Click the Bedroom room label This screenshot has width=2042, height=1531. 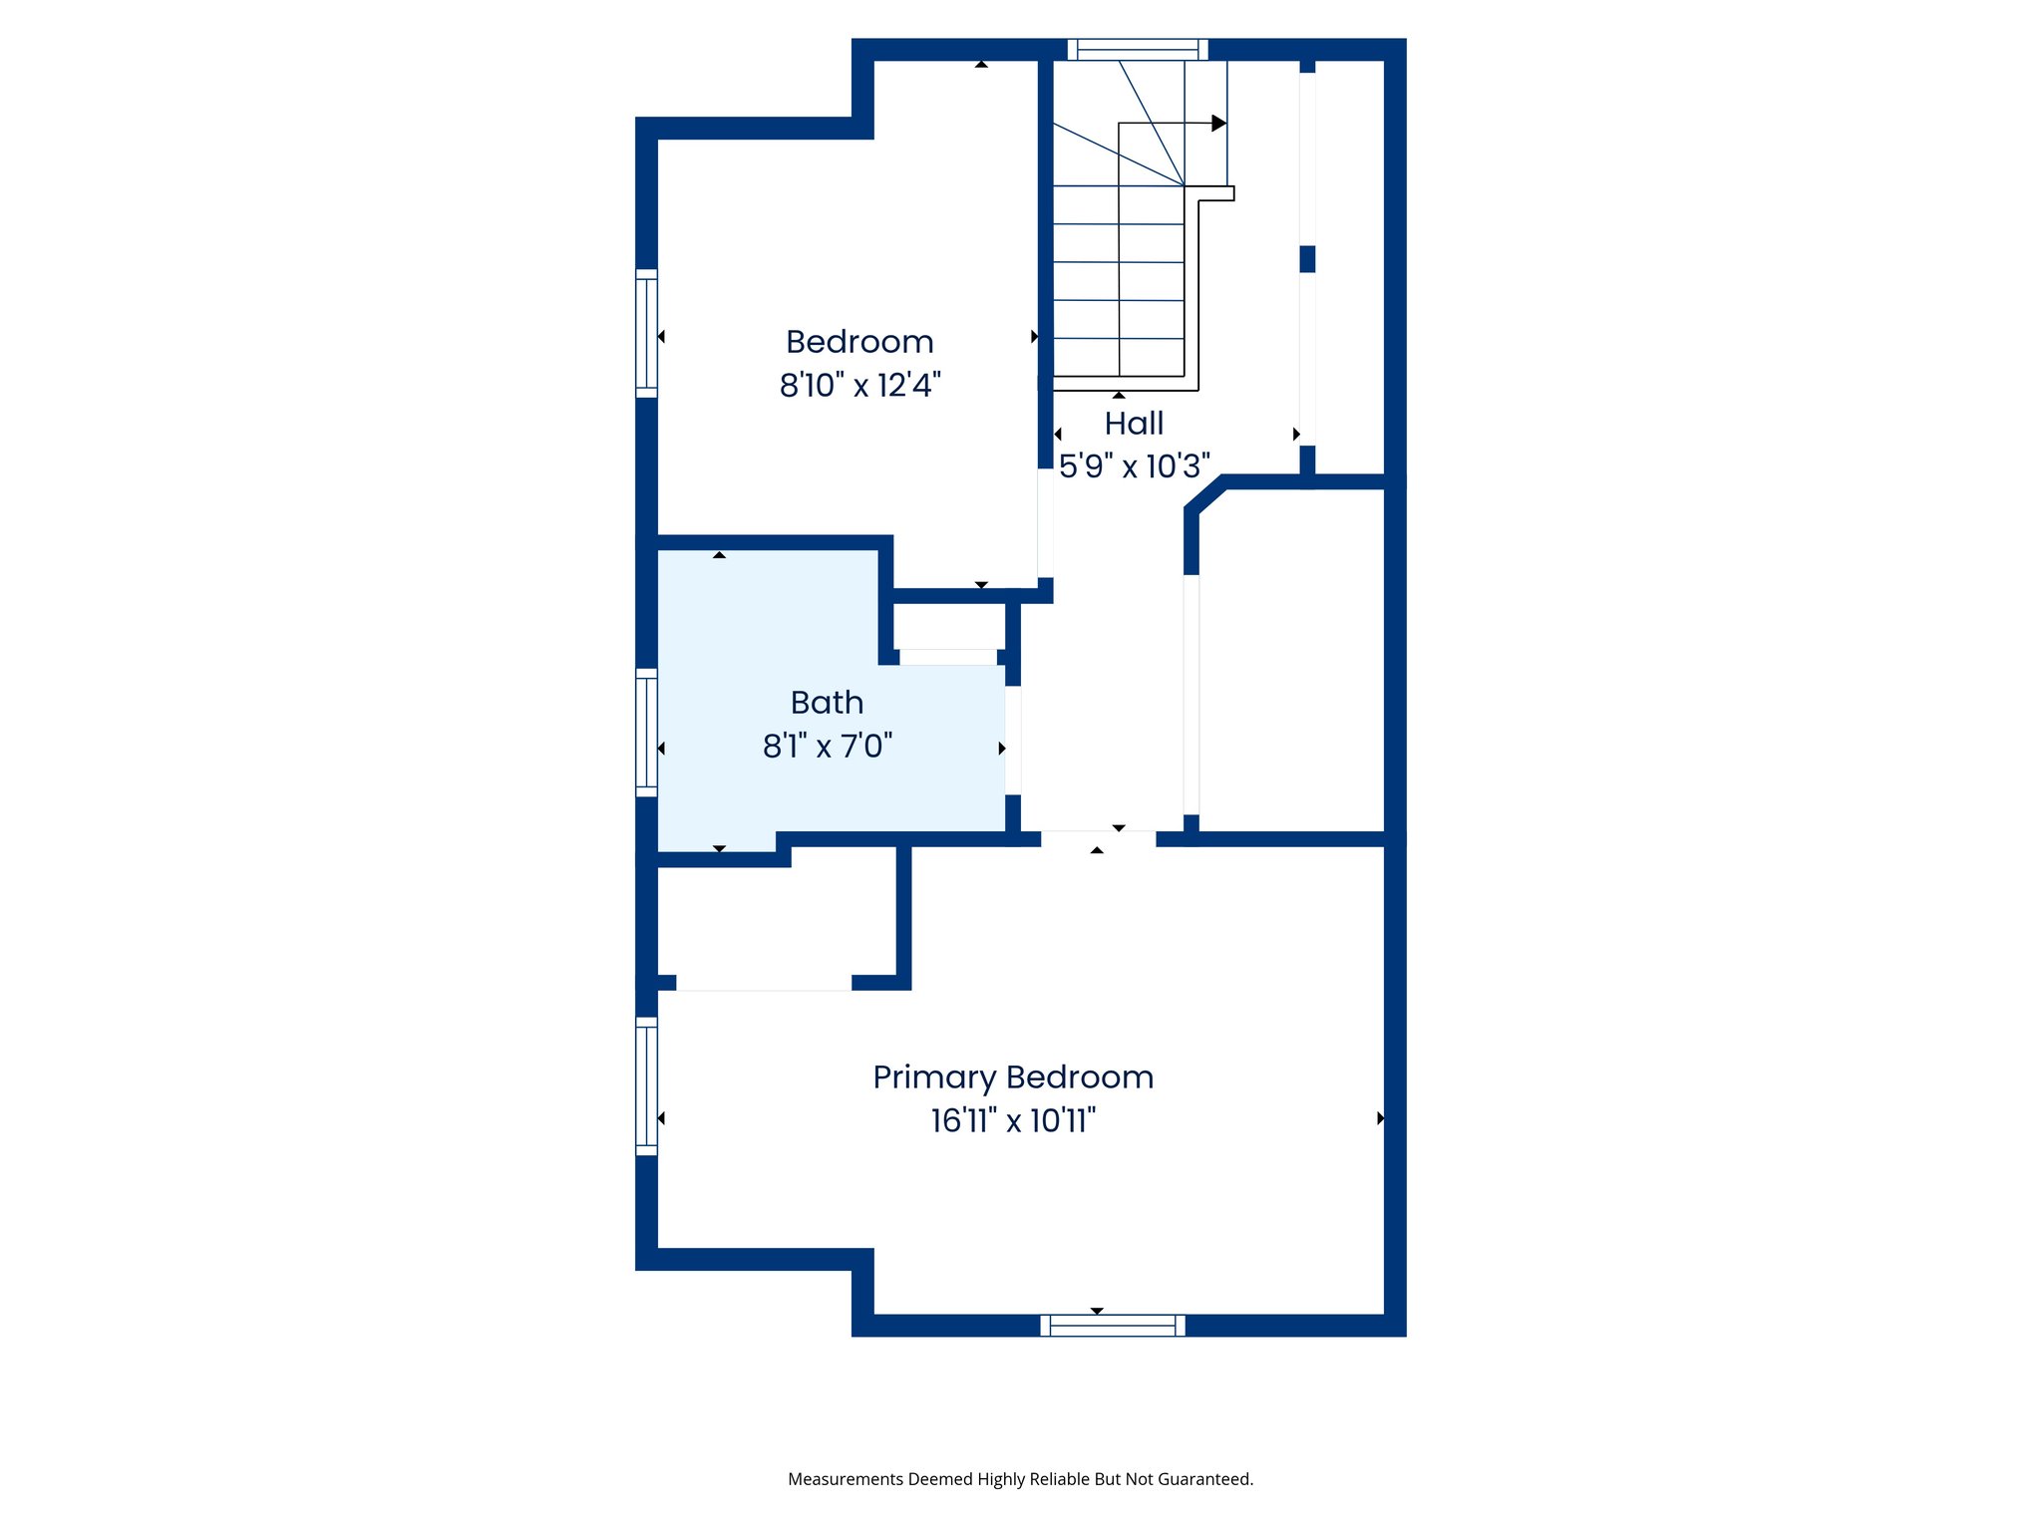pyautogui.click(x=859, y=342)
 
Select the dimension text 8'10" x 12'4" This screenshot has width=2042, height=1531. pyautogui.click(x=859, y=385)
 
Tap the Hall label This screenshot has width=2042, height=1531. pyautogui.click(x=1134, y=424)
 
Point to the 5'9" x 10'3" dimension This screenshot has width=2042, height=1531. pyautogui.click(x=1134, y=465)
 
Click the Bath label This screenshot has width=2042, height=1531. pyautogui.click(x=827, y=703)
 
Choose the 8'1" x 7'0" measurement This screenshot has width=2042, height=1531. pyautogui.click(x=827, y=746)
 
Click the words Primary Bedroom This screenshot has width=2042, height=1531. pyautogui.click(x=1013, y=1077)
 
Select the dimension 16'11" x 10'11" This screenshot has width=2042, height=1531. pyautogui.click(x=1013, y=1120)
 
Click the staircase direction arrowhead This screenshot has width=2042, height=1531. pyautogui.click(x=1218, y=124)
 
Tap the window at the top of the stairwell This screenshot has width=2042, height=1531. pyautogui.click(x=1138, y=50)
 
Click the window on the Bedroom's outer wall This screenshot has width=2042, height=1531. pyautogui.click(x=647, y=334)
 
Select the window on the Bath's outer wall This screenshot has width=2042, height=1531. pyautogui.click(x=647, y=733)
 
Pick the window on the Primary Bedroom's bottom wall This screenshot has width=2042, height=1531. pyautogui.click(x=1113, y=1325)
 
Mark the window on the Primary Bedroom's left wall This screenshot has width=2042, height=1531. pyautogui.click(x=647, y=1085)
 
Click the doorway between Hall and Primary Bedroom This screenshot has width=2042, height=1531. pyautogui.click(x=1098, y=839)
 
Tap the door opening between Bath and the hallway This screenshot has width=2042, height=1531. pyautogui.click(x=1013, y=741)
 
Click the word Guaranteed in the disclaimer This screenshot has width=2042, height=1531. pyautogui.click(x=1204, y=1479)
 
